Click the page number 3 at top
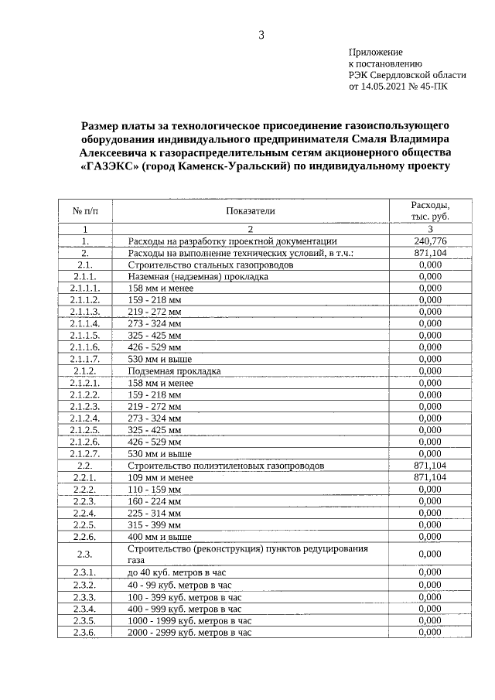click(x=261, y=35)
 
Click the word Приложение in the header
click(x=375, y=51)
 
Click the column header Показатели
click(x=251, y=210)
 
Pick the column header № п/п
click(x=84, y=210)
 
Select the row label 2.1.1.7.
click(x=84, y=360)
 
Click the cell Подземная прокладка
click(x=174, y=371)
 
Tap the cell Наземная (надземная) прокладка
click(x=198, y=277)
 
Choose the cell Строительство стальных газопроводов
click(x=210, y=265)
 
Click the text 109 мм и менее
click(x=160, y=478)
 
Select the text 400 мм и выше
click(x=159, y=537)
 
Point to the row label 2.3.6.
click(x=84, y=632)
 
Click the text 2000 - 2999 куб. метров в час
click(x=189, y=632)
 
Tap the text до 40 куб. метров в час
click(x=179, y=572)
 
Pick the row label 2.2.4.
click(x=84, y=514)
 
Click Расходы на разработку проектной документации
click(x=232, y=241)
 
